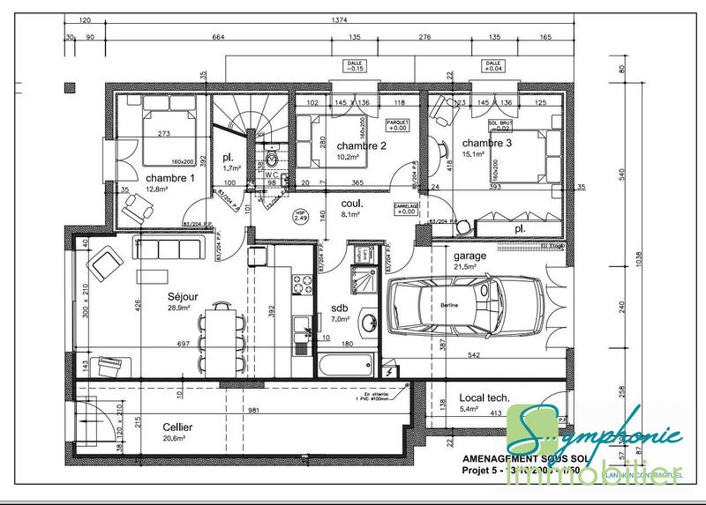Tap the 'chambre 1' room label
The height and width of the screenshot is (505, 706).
[x=169, y=178]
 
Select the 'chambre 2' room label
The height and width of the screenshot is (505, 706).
[x=362, y=146]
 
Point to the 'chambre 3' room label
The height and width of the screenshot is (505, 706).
[x=486, y=143]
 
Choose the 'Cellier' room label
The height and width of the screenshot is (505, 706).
[x=177, y=427]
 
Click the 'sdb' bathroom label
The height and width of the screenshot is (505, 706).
[x=339, y=308]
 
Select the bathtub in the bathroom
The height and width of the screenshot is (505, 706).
[x=346, y=364]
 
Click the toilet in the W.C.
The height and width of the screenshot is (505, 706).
[x=273, y=160]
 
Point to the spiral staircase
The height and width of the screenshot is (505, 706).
[x=250, y=123]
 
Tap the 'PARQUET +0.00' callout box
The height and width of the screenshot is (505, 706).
[x=399, y=124]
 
